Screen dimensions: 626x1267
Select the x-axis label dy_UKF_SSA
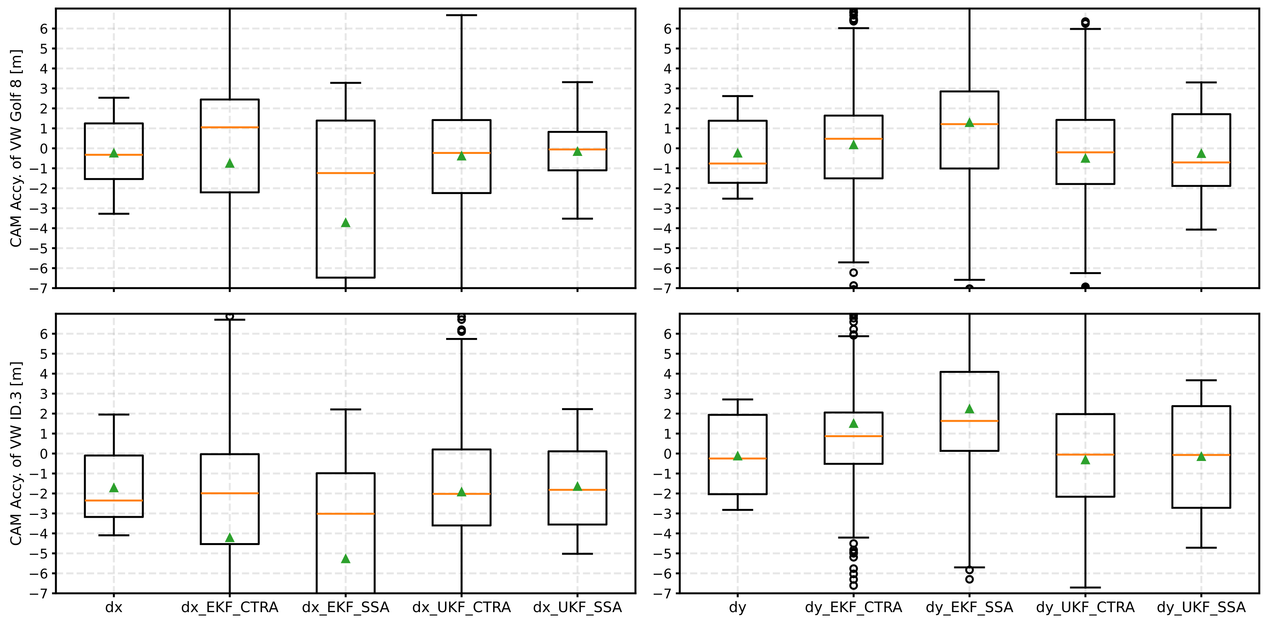[x=1201, y=607]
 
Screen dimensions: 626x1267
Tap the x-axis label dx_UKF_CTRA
[x=461, y=607]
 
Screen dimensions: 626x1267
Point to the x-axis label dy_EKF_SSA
[x=969, y=607]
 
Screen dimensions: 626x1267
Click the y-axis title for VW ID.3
[x=16, y=453]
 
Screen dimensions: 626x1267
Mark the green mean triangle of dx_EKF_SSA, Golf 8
[x=345, y=223]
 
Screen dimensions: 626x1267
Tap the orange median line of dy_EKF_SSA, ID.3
[x=969, y=421]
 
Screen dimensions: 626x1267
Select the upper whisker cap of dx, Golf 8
[x=114, y=98]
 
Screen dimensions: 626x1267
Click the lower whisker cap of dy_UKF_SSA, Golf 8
[x=1201, y=230]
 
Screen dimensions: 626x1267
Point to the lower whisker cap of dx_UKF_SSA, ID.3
[x=577, y=554]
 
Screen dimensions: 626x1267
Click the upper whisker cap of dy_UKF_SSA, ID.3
[x=1201, y=380]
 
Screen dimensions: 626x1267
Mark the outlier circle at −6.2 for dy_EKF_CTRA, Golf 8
[x=853, y=273]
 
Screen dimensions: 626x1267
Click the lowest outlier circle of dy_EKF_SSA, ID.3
[x=969, y=579]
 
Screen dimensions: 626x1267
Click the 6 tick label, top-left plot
[x=44, y=29]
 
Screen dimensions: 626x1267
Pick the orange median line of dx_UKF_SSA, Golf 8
[x=577, y=149]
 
